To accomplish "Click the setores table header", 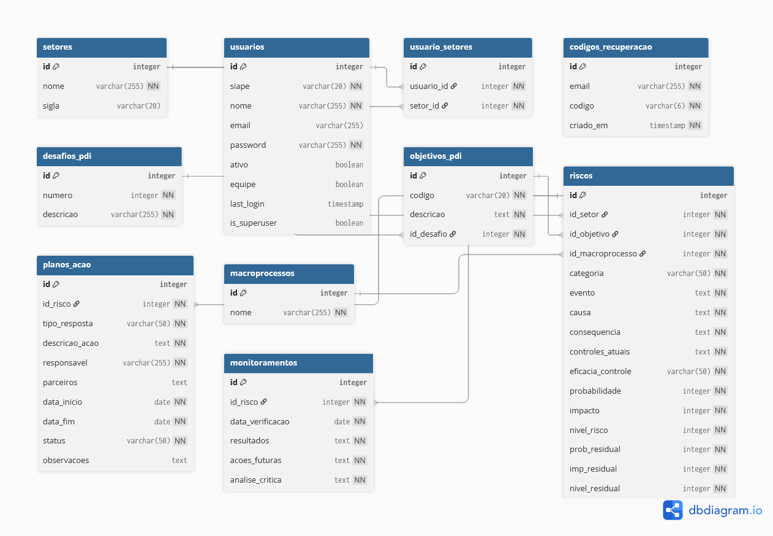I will (58, 47).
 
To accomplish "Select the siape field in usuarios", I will (240, 86).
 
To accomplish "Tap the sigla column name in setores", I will (51, 106).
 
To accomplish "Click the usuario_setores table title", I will (441, 47).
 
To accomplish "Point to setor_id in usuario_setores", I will (424, 106).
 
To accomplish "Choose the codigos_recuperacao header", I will (611, 47).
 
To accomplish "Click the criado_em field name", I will (589, 126).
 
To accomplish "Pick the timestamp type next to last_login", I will (345, 204).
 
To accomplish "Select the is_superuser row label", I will (254, 223).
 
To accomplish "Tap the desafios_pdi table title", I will (67, 156).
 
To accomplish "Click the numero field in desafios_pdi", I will (58, 196).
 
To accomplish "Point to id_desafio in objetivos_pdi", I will (429, 234).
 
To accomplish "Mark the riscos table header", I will (581, 176).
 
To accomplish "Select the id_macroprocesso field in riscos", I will (603, 254).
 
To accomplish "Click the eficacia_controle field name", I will (600, 372).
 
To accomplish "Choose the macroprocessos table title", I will (262, 274).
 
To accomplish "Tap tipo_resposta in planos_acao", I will (68, 324).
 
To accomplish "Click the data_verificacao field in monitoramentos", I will (260, 422).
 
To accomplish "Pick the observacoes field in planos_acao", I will (66, 461).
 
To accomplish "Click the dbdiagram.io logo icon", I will (673, 510).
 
